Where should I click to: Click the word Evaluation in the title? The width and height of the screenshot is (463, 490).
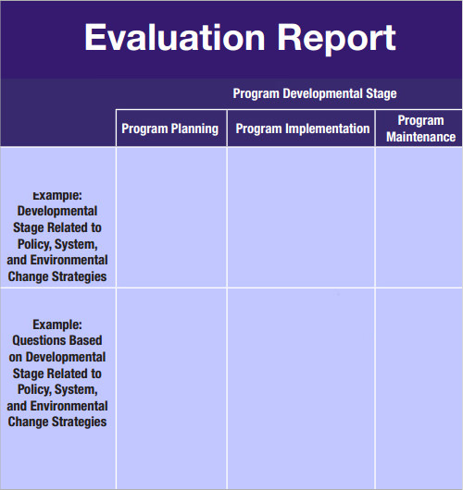[x=175, y=38]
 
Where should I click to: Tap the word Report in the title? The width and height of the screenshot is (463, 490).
[x=336, y=40]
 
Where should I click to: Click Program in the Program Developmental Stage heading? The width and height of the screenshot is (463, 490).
[x=256, y=93]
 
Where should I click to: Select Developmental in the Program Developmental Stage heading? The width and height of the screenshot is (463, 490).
[x=322, y=93]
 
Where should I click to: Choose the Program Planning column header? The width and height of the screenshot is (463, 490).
[x=170, y=129]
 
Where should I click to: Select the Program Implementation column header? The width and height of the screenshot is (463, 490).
[x=303, y=129]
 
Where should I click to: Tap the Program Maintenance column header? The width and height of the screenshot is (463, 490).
[x=420, y=129]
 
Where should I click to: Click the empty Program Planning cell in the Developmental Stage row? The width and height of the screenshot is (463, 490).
[x=171, y=217]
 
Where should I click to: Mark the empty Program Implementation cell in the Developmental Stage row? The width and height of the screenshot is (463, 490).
[x=301, y=217]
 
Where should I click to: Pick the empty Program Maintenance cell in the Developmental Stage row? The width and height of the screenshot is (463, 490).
[x=419, y=217]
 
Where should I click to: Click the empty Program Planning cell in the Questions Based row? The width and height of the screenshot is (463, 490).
[x=171, y=388]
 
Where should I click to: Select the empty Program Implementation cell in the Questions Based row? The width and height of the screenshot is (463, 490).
[x=301, y=388]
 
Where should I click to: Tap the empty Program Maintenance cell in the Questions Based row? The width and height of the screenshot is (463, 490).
[x=419, y=388]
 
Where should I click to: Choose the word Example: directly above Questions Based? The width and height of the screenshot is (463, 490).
[x=57, y=325]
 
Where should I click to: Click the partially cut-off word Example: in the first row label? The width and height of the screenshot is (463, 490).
[x=57, y=196]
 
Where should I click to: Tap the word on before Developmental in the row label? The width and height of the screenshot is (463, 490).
[x=16, y=358]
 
